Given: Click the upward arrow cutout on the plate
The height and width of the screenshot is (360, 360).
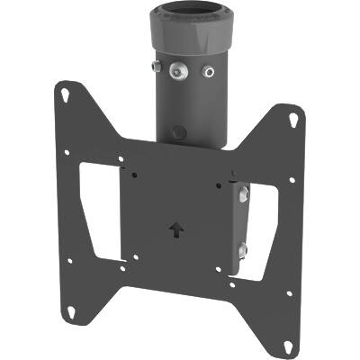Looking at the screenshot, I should tap(174, 229).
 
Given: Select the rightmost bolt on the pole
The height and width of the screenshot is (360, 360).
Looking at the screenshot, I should tap(210, 71).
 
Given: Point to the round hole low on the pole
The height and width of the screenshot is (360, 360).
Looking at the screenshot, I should tap(178, 131).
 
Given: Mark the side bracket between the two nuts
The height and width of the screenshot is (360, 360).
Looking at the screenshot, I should tap(241, 220).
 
